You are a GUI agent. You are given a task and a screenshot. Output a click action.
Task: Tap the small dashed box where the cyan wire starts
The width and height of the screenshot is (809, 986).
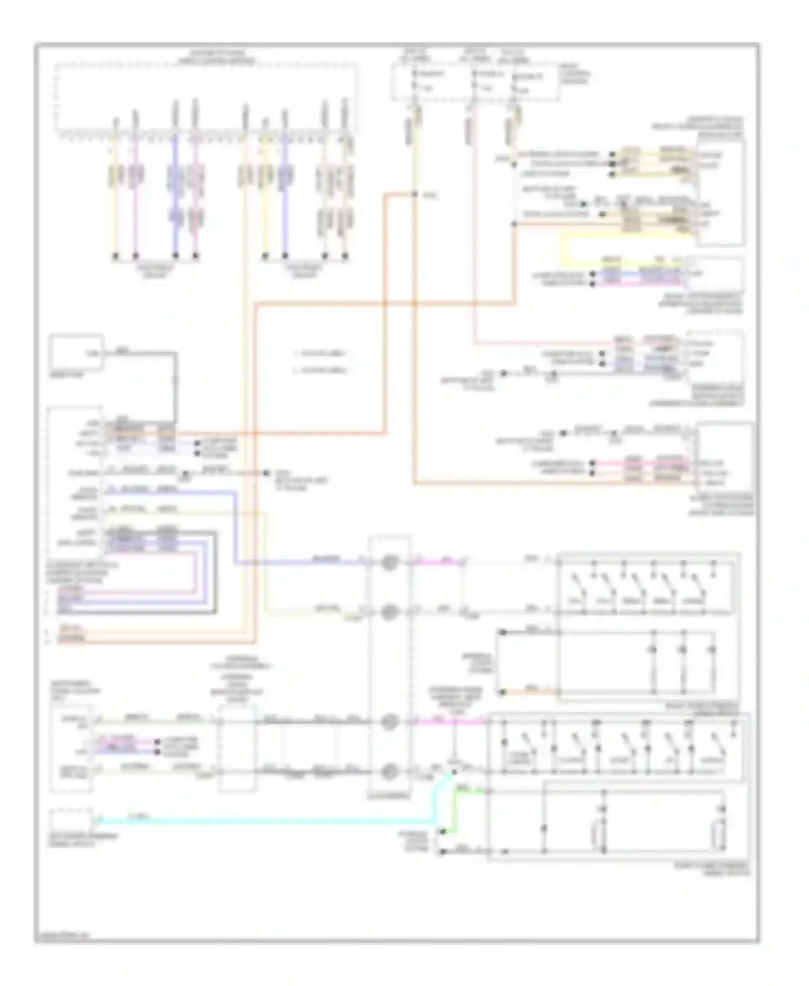click(x=71, y=819)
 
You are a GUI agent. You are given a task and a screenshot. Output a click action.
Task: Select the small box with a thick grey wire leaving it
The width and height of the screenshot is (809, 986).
click(x=76, y=353)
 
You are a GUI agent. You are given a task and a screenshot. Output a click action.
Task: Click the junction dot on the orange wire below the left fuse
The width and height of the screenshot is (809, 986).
click(x=414, y=195)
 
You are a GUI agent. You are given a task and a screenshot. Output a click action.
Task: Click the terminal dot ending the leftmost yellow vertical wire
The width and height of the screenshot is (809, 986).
click(x=115, y=255)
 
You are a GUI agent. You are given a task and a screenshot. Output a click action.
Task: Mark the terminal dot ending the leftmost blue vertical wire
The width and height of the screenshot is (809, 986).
click(x=175, y=255)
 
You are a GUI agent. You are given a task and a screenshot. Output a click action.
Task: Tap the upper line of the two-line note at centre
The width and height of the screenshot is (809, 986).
click(x=320, y=353)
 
